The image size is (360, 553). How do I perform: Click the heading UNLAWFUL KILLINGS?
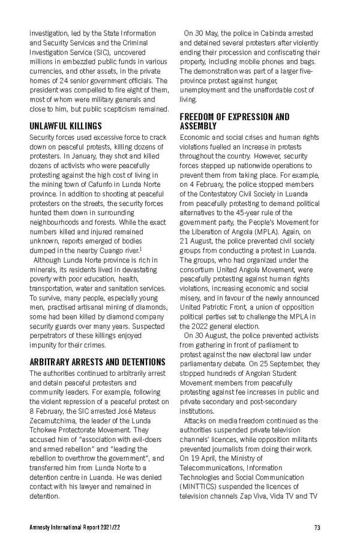click(65, 127)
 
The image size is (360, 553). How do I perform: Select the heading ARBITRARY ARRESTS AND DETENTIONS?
click(97, 362)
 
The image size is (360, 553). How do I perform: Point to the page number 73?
click(317, 528)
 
